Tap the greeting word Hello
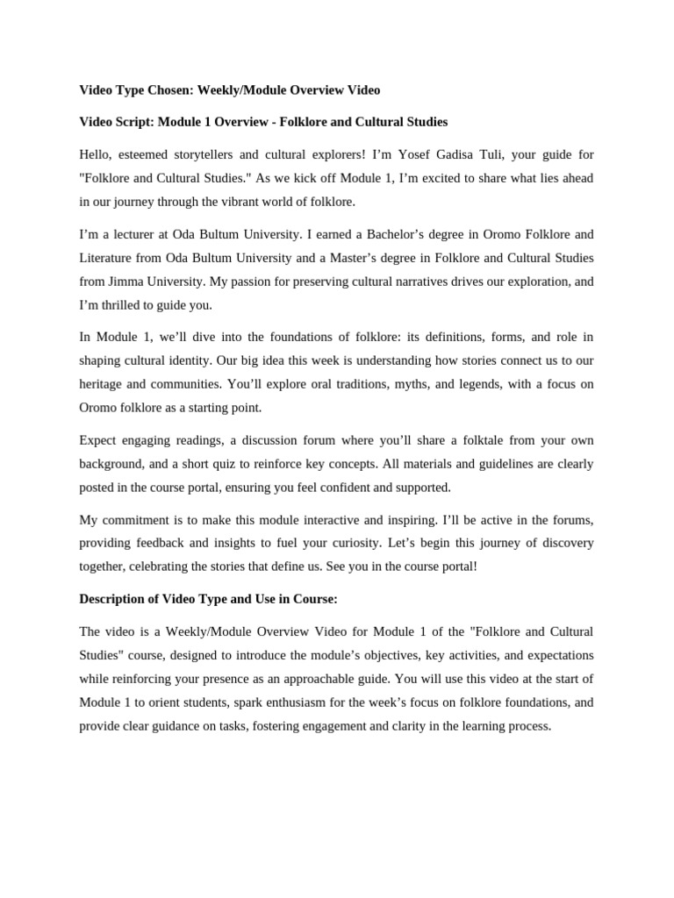click(x=97, y=154)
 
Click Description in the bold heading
click(x=118, y=599)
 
